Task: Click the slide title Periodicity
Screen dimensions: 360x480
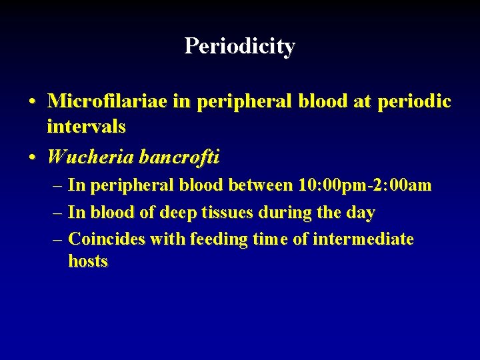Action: (x=239, y=46)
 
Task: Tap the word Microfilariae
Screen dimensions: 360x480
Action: (x=108, y=101)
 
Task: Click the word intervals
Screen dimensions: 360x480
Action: (x=87, y=125)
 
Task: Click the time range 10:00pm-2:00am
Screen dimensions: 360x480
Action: (x=365, y=185)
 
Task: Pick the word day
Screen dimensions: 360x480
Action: (x=361, y=213)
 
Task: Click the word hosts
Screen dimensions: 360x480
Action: (x=88, y=261)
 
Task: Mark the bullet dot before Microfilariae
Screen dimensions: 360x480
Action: (x=32, y=102)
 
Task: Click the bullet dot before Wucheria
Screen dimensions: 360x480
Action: (x=32, y=157)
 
